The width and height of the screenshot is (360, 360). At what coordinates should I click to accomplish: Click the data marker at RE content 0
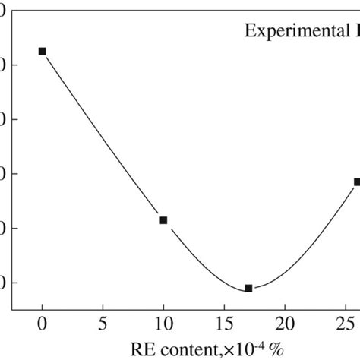[x=43, y=51]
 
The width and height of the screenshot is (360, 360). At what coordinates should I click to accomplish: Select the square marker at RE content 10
[x=163, y=220]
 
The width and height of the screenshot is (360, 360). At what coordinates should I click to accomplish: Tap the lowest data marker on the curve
[x=248, y=288]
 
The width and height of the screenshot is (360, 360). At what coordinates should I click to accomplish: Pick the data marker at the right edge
[x=357, y=182]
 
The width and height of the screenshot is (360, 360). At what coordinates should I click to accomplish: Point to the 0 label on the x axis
[x=43, y=322]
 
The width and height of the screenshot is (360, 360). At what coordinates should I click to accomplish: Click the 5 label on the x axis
[x=103, y=322]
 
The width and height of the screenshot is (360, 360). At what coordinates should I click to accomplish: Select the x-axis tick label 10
[x=163, y=322]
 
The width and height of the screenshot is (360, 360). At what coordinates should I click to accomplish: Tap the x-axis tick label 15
[x=224, y=322]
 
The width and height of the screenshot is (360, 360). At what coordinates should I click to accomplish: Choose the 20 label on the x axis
[x=285, y=322]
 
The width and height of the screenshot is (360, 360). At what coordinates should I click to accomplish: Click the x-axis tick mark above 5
[x=103, y=306]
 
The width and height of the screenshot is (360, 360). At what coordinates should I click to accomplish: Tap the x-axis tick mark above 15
[x=224, y=306]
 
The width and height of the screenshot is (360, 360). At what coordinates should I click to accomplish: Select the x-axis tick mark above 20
[x=285, y=306]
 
